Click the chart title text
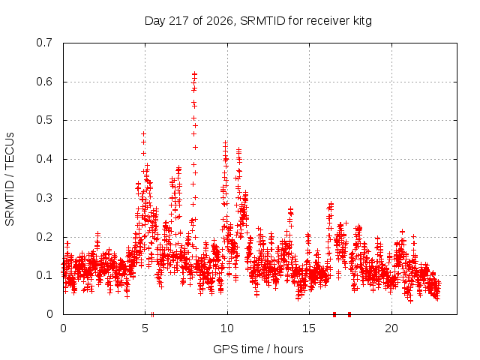tap(258, 21)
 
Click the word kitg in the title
tap(363, 21)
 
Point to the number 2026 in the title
tap(220, 21)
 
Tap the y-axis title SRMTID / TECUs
tap(10, 179)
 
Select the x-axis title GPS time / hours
tap(258, 349)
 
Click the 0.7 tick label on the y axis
tap(44, 43)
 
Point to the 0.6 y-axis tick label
tap(44, 82)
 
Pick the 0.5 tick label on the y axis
tap(44, 120)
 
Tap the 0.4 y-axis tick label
tap(44, 159)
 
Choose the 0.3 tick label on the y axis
tap(44, 198)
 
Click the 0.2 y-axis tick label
tap(44, 237)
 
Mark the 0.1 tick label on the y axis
tap(44, 275)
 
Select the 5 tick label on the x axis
tap(145, 328)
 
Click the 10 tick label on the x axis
tap(227, 328)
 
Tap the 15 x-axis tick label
tap(309, 328)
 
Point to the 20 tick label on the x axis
tap(391, 328)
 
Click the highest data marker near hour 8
tap(194, 74)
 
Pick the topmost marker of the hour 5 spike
tap(143, 133)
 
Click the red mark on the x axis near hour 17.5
tap(349, 314)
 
